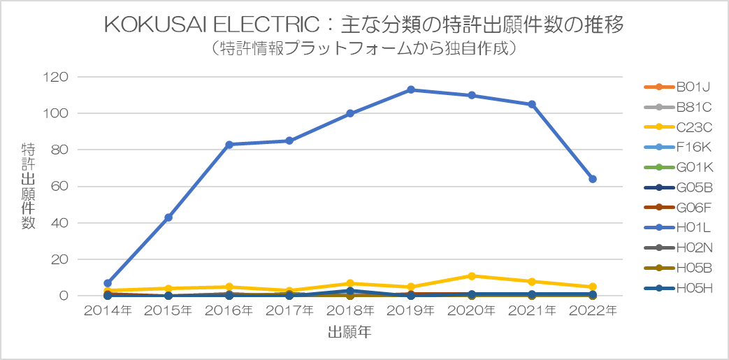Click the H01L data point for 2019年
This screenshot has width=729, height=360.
click(x=411, y=89)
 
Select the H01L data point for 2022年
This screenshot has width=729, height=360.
click(x=593, y=179)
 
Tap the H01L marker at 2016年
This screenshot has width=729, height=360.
click(x=229, y=144)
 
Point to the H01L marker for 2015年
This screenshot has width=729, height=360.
click(x=168, y=217)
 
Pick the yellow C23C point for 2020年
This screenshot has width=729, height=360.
click(x=472, y=275)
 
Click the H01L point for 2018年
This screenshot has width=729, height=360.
click(x=350, y=113)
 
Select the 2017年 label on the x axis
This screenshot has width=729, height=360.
click(x=289, y=310)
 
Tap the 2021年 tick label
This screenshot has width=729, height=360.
click(x=532, y=310)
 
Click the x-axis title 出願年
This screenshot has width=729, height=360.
click(x=349, y=333)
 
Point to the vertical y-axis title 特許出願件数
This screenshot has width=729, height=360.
click(x=29, y=186)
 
